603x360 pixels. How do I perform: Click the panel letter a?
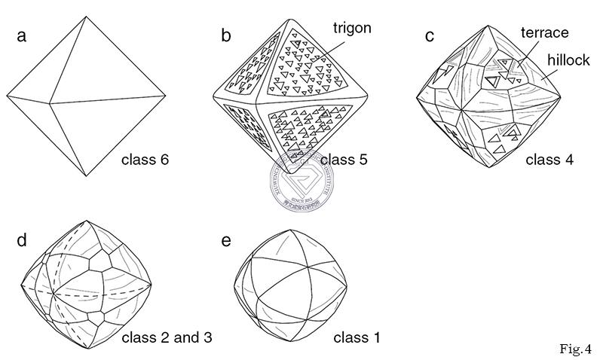click(x=23, y=36)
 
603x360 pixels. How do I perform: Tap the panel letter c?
click(x=430, y=35)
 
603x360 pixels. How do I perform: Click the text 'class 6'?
click(x=145, y=160)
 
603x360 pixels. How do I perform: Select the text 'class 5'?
click(x=343, y=160)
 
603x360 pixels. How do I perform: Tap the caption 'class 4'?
click(x=549, y=160)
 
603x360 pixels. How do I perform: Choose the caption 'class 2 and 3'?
click(x=167, y=337)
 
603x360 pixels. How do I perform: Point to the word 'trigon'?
click(x=353, y=28)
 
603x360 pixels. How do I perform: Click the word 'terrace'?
click(x=545, y=32)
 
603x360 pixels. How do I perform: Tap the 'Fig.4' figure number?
click(x=575, y=349)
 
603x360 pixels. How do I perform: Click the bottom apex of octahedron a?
click(x=84, y=176)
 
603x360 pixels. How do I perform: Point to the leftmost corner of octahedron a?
click(x=7, y=96)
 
